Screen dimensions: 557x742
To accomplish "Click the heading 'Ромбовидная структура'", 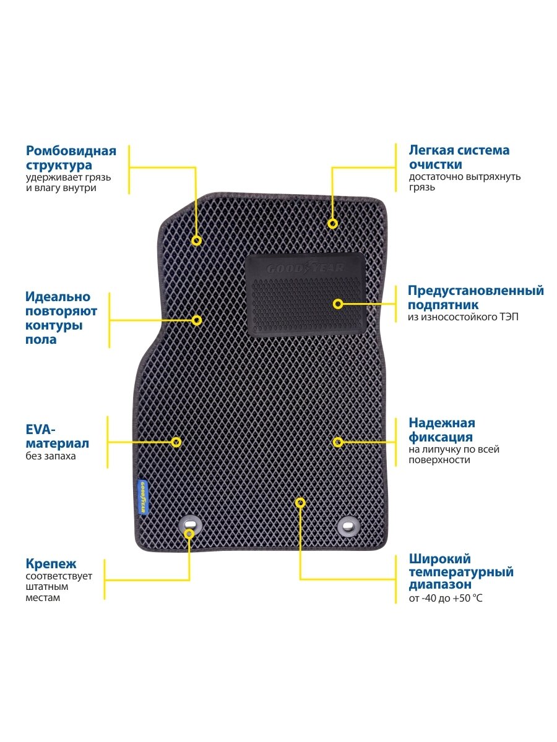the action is point(71,158).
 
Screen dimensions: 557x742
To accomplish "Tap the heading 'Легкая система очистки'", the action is point(459,157).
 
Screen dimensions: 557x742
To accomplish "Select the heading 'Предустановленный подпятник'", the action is point(475,297).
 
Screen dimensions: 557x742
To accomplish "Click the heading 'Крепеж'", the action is point(51,564).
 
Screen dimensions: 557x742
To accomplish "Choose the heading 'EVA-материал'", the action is point(57,436).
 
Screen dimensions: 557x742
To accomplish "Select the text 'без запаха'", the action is point(51,456).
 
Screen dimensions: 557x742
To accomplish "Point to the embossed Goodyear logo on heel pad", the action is point(304,268).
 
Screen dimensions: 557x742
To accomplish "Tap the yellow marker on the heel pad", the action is point(338,304).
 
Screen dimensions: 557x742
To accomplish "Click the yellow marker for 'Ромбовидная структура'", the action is point(196,241).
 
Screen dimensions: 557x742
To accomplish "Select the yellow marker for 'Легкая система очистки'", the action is point(332,223).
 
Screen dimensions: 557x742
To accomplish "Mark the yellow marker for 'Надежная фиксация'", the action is point(338,442).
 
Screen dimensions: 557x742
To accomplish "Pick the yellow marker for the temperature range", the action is point(300,503).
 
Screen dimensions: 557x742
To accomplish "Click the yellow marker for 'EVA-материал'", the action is point(176,442).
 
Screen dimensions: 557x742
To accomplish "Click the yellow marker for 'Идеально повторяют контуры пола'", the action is point(196,320).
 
